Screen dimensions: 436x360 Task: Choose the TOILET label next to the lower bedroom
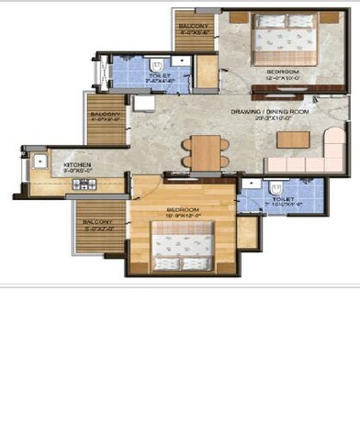pyautogui.click(x=283, y=197)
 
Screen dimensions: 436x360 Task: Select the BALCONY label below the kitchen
pyautogui.click(x=96, y=222)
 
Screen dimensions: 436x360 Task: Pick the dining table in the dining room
pyautogui.click(x=205, y=151)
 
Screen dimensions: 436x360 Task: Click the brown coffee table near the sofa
pyautogui.click(x=294, y=140)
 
